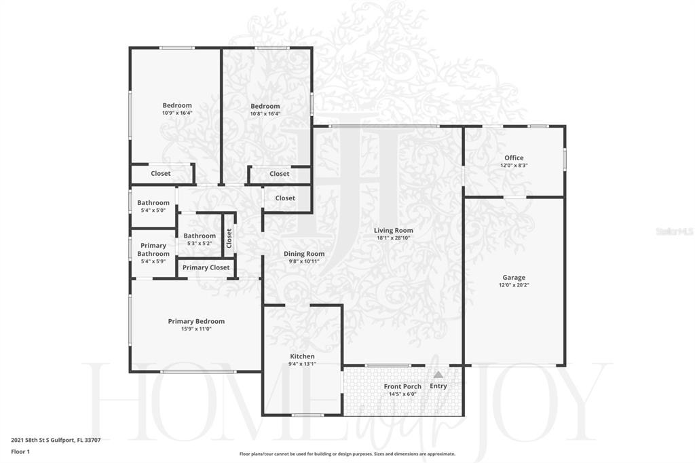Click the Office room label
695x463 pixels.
coord(514,158)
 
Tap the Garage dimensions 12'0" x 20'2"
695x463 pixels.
coord(514,284)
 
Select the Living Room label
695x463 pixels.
coord(393,230)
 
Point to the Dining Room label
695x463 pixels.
coord(304,254)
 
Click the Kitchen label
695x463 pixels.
coord(302,356)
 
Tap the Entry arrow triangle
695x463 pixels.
coord(438,375)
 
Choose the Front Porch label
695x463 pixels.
coord(402,386)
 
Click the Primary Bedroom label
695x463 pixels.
coord(196,321)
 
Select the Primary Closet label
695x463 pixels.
coord(206,267)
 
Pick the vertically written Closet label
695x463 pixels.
coord(229,238)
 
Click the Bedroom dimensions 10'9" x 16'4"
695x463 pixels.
coord(177,113)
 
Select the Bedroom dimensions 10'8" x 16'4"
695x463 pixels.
coord(265,113)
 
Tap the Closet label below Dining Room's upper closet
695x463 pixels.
coord(285,198)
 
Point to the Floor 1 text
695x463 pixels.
coord(20,452)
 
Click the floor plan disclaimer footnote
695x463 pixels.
coord(347,453)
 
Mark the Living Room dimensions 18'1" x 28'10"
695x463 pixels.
coord(393,238)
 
